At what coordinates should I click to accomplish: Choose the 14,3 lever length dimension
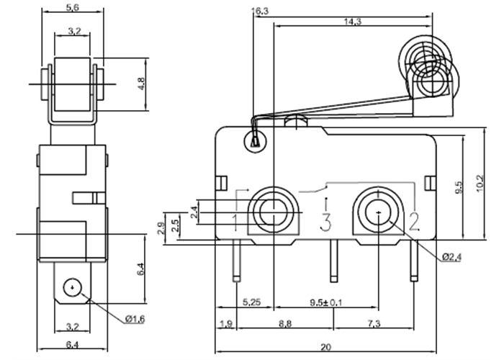pos(352,22)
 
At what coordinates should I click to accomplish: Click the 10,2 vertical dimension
pos(480,185)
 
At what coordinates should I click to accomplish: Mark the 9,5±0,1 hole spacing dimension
pos(326,302)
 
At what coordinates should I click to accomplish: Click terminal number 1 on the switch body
pos(236,220)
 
